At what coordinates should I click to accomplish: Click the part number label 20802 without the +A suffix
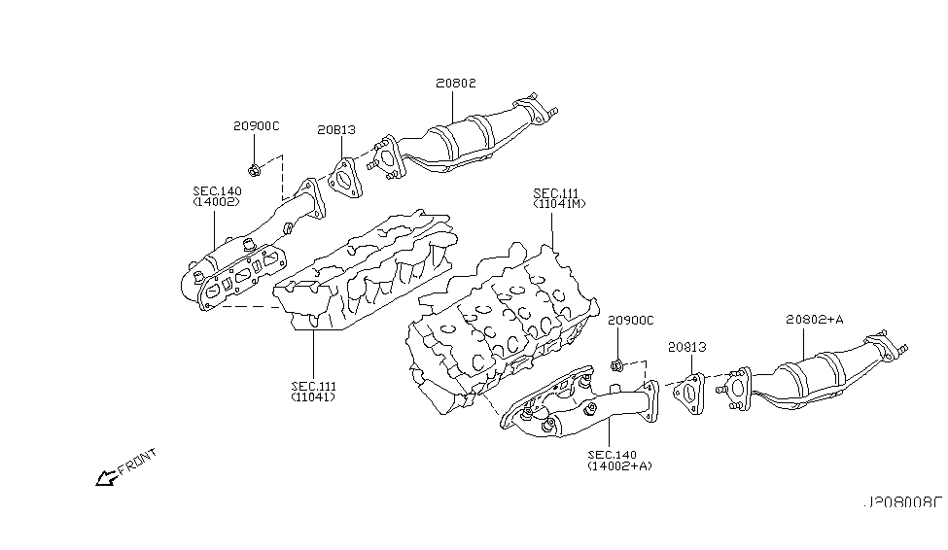click(455, 85)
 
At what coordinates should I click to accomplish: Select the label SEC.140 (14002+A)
click(618, 460)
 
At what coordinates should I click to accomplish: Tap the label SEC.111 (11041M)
click(557, 198)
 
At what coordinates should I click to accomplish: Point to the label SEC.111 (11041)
click(314, 392)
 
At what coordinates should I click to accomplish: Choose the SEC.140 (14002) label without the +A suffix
click(215, 196)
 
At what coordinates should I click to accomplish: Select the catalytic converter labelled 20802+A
click(812, 379)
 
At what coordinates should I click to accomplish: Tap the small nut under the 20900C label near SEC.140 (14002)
click(254, 172)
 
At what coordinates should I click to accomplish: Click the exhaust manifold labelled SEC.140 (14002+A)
click(574, 403)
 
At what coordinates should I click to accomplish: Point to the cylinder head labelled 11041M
click(496, 321)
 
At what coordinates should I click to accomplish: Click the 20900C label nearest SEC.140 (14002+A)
click(630, 320)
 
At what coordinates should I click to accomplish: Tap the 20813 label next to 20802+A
click(686, 346)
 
